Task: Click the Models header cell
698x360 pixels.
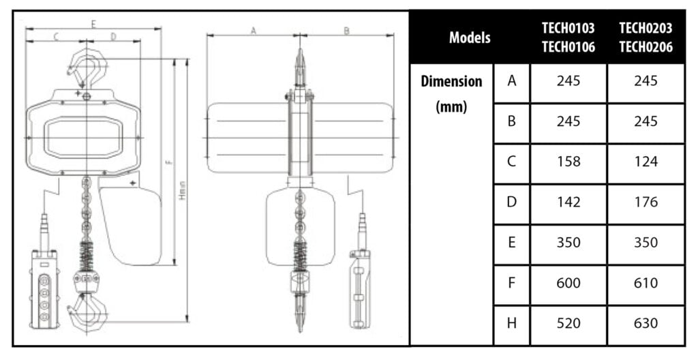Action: coord(470,37)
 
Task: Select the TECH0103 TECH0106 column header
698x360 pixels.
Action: coord(568,37)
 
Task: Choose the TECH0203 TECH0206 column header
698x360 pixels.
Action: coord(646,37)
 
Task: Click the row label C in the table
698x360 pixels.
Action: coord(511,162)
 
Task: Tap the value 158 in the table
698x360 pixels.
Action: coord(568,162)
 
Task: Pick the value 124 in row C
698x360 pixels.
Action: coord(646,162)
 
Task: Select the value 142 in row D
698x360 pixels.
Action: coord(568,202)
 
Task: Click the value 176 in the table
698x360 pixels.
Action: coord(646,202)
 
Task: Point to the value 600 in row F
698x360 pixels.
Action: coord(568,282)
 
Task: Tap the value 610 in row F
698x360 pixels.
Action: coord(646,282)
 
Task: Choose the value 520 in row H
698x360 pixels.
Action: coord(568,322)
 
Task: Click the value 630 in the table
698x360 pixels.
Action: coord(646,322)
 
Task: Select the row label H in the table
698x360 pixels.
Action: coord(511,322)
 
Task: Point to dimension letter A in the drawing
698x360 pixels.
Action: coord(254,30)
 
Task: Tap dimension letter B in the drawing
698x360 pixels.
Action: coord(346,30)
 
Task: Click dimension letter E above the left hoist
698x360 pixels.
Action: coord(93,24)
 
